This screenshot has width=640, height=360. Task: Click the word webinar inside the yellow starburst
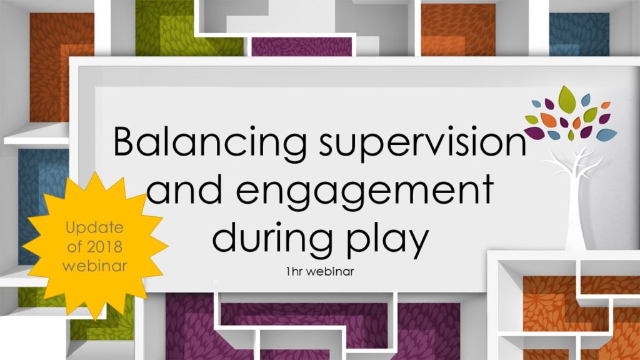pos(95,265)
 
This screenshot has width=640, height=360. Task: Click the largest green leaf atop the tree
pos(567,99)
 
